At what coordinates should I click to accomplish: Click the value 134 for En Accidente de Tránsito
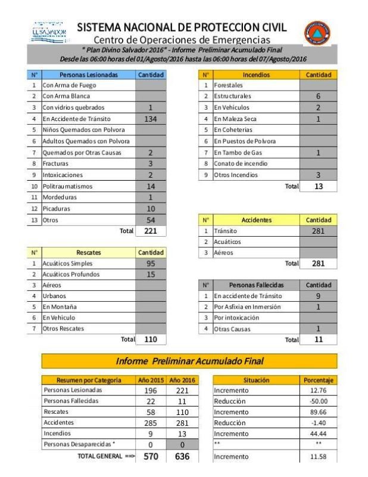151,119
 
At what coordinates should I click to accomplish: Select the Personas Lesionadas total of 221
151,231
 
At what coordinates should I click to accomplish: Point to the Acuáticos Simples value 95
151,263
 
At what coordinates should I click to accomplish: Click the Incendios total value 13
319,187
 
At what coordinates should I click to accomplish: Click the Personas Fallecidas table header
257,285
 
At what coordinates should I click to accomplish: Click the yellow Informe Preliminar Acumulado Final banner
189,361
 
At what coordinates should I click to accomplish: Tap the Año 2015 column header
150,379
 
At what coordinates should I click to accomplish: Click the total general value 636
182,456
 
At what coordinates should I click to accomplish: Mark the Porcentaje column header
319,379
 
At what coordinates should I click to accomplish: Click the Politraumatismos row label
67,187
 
